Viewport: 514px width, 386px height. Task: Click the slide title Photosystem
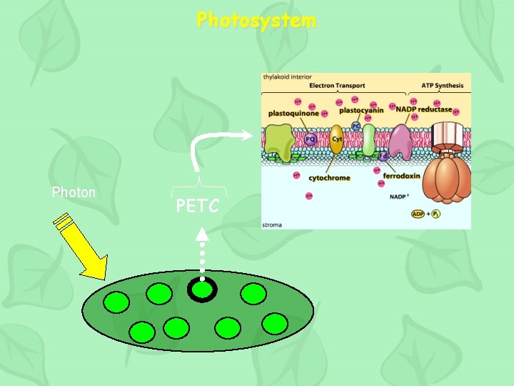[256, 20]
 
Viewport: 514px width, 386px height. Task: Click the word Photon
[74, 192]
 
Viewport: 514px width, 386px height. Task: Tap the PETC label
[198, 207]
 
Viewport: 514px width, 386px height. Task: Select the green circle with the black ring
[203, 289]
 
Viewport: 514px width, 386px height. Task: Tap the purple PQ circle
[311, 139]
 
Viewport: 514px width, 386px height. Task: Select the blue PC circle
[356, 127]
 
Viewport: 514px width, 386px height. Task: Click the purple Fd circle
[383, 156]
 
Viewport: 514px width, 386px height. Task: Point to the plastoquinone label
[294, 113]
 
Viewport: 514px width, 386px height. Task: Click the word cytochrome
[329, 177]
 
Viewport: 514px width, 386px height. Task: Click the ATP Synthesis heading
[442, 86]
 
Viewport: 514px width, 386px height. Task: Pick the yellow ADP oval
[419, 214]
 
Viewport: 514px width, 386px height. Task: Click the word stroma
[272, 224]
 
